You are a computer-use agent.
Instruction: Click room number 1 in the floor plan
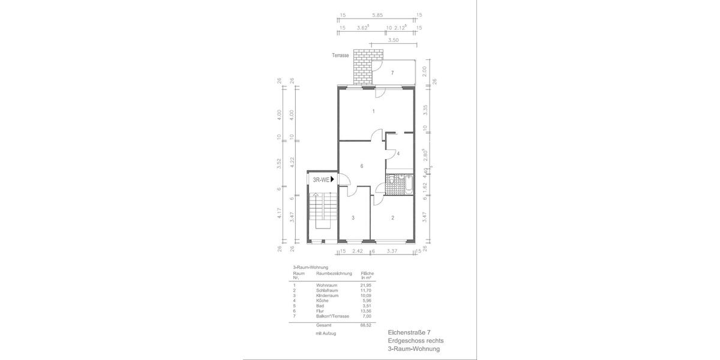point(373,112)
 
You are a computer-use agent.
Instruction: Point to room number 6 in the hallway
point(362,166)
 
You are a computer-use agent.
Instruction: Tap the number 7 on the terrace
point(392,73)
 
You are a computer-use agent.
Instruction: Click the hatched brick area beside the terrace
point(362,68)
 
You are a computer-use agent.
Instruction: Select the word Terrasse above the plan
point(340,55)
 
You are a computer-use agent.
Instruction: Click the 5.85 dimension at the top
point(377,16)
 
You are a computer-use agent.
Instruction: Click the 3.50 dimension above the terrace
point(394,41)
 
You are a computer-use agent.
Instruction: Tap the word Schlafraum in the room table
point(326,290)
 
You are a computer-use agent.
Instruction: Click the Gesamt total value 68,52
point(365,325)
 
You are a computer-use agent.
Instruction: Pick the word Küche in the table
point(322,301)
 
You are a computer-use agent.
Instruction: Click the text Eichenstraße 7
point(409,332)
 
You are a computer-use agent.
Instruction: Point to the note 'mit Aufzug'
point(326,332)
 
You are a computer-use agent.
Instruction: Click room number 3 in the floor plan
point(353,218)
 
